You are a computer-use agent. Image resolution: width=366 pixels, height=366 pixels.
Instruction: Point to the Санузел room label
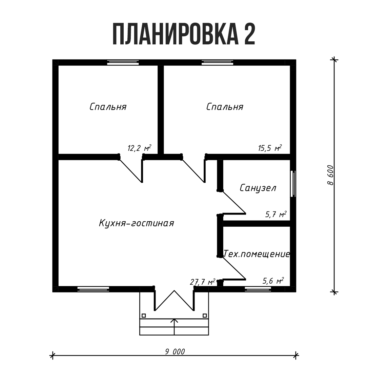[x=258, y=188]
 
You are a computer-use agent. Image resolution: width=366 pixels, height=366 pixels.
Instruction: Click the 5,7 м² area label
[x=275, y=214]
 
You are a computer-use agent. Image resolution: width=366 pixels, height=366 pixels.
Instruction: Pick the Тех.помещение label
[x=257, y=254]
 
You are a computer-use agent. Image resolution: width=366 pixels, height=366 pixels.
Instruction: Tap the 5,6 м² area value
[x=273, y=281]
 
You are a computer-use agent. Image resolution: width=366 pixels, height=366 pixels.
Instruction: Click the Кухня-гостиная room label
[x=136, y=223]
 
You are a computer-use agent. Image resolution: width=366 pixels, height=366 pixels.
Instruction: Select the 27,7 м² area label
[x=202, y=282]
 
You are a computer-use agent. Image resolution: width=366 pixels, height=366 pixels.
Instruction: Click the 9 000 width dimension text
[x=175, y=351]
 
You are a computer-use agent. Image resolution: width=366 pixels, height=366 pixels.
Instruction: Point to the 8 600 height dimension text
[x=330, y=175]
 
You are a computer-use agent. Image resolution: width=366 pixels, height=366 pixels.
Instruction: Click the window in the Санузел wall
[x=293, y=184]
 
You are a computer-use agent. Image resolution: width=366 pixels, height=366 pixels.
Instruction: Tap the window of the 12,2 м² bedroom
[x=123, y=62]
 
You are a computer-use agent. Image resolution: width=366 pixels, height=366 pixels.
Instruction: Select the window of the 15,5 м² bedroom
[x=217, y=62]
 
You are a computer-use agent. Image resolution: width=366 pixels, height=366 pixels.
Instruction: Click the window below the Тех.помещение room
[x=258, y=289]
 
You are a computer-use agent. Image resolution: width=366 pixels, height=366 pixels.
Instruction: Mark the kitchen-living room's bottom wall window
[x=93, y=289]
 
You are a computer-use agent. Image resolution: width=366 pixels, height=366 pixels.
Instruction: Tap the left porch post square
[x=144, y=315]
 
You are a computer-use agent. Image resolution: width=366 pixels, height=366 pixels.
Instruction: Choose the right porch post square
[x=205, y=315]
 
